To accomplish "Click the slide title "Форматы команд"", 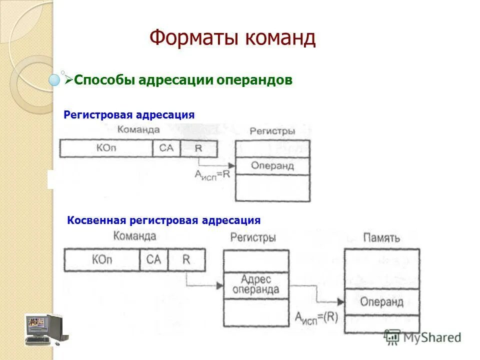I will point(232,38).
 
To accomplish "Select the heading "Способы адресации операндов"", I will point(183,80).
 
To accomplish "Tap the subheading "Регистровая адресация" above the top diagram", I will point(129,115).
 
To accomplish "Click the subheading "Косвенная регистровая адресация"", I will point(163,220).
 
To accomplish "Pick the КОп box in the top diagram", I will point(105,148).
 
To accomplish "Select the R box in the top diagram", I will point(198,148).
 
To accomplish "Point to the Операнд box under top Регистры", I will point(272,166).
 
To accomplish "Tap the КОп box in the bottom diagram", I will point(102,260).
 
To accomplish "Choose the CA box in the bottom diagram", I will point(154,260).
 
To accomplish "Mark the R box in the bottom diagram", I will point(186,260).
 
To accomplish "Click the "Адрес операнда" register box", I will point(256,285).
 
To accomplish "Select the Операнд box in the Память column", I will point(381,302).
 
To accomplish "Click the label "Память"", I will point(381,238).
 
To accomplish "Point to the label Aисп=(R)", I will point(315,316).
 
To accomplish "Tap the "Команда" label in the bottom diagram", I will point(135,236).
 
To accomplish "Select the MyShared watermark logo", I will point(422,337).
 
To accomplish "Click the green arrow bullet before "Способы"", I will point(69,79).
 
